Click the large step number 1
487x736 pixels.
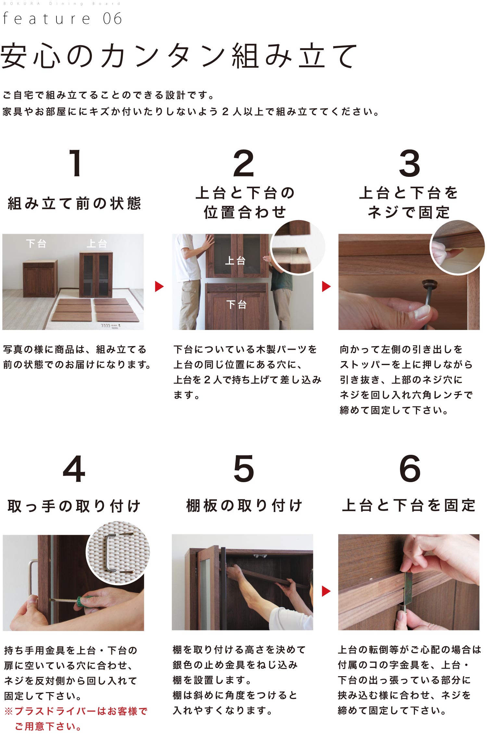pyautogui.click(x=76, y=163)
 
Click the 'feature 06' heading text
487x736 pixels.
pyautogui.click(x=62, y=18)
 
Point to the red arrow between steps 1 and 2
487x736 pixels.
pyautogui.click(x=159, y=286)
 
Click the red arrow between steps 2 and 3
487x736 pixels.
pyautogui.click(x=326, y=286)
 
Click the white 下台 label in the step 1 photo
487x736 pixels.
pyautogui.click(x=36, y=243)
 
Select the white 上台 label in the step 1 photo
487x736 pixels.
pyautogui.click(x=97, y=243)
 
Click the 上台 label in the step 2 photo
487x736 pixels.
pyautogui.click(x=235, y=260)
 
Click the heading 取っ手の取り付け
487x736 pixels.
pyautogui.click(x=74, y=506)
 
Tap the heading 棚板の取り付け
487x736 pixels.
pyautogui.click(x=244, y=506)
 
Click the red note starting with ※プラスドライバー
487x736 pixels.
pyautogui.click(x=76, y=719)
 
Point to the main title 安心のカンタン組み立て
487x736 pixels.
pyautogui.click(x=179, y=56)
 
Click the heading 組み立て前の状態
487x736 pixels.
pyautogui.click(x=74, y=204)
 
